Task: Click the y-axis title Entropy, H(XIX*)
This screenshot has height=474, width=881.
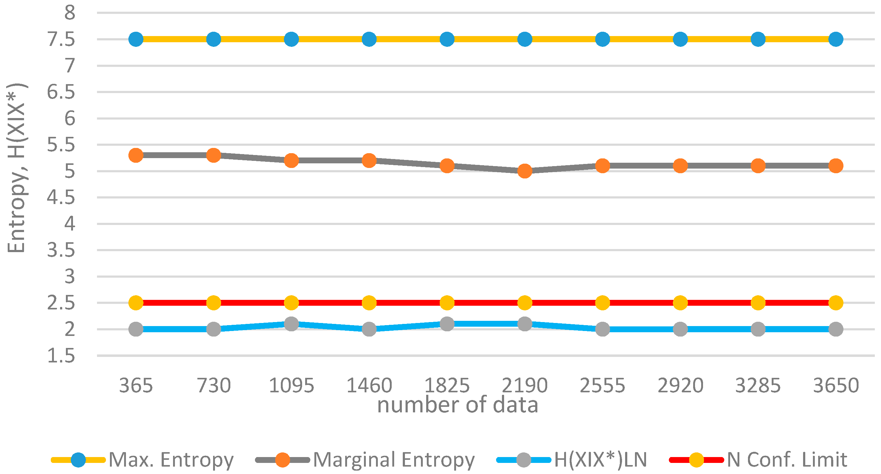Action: pos(16,168)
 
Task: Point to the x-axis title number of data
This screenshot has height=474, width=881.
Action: pos(458,405)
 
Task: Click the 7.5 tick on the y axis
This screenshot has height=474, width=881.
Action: pos(61,39)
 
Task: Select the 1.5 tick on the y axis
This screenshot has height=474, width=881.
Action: pos(61,356)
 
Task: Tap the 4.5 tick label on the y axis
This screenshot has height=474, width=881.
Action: pos(61,198)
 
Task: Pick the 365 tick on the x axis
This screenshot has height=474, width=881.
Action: pos(136,386)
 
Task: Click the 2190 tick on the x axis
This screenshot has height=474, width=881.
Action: pos(525,386)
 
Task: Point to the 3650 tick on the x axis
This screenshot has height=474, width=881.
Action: pos(836,386)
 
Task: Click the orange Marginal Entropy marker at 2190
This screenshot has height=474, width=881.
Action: pos(525,171)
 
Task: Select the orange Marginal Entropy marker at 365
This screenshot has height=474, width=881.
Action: pos(136,155)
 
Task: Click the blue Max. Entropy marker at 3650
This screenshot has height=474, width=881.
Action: pos(836,39)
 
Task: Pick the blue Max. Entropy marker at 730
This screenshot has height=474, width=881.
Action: pos(213,39)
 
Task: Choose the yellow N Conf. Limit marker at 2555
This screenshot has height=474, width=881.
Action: pos(603,303)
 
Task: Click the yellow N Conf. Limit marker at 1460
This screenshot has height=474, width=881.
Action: pos(369,303)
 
